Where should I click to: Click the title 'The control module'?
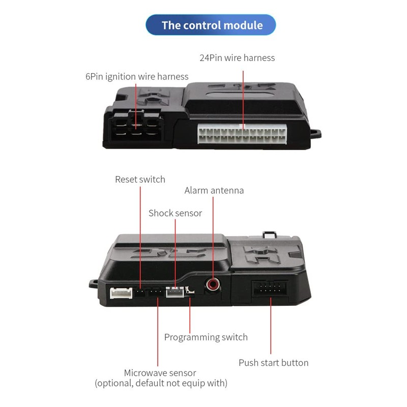212,25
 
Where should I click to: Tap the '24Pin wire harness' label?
237,58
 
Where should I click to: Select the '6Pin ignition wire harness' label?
137,77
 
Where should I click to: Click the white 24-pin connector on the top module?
242,135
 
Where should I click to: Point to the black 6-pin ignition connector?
135,125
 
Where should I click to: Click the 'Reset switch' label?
140,179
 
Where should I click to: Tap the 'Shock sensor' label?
175,213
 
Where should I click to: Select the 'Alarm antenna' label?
214,191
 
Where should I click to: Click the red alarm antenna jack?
213,284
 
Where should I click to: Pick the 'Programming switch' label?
206,337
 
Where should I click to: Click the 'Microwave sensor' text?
160,373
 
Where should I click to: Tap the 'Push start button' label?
273,363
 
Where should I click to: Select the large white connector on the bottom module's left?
121,293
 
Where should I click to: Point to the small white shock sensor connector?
175,292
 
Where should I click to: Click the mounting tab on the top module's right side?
315,134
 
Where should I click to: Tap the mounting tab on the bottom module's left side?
94,283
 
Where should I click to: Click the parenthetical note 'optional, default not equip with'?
161,383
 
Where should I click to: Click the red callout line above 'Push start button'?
270,326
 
